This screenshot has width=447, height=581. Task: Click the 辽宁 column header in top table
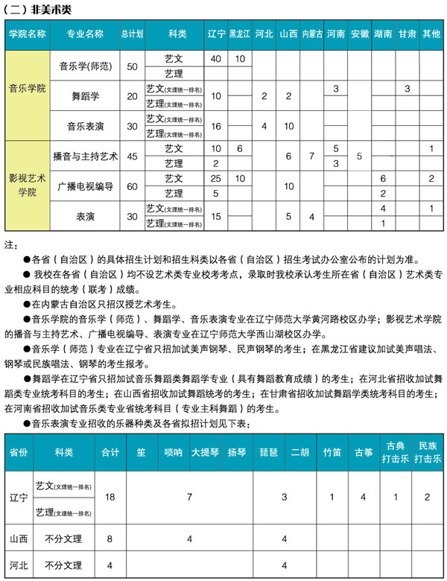(216, 34)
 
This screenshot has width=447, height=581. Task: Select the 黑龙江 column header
(239, 34)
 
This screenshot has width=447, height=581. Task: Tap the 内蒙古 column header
(312, 34)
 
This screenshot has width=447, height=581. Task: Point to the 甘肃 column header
(407, 34)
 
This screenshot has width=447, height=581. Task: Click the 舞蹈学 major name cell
(85, 96)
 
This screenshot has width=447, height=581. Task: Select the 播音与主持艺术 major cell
(85, 156)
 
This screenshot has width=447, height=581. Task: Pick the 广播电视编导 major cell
(85, 186)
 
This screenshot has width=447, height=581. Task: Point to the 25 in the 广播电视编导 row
(216, 179)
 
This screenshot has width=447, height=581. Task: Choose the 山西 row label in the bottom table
(18, 538)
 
